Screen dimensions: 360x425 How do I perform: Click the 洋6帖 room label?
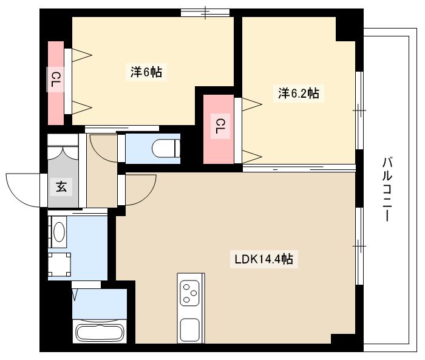(146, 72)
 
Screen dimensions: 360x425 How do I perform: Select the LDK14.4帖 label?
(264, 259)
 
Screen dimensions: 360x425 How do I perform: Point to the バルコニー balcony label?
(387, 188)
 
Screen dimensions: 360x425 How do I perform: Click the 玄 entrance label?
(62, 186)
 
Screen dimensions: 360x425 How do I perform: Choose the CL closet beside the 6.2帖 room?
(219, 128)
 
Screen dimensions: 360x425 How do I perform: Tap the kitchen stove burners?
(191, 291)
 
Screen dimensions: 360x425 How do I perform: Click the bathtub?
(98, 333)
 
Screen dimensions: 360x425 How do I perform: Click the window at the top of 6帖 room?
(205, 12)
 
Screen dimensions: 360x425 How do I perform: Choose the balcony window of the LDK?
(359, 245)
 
